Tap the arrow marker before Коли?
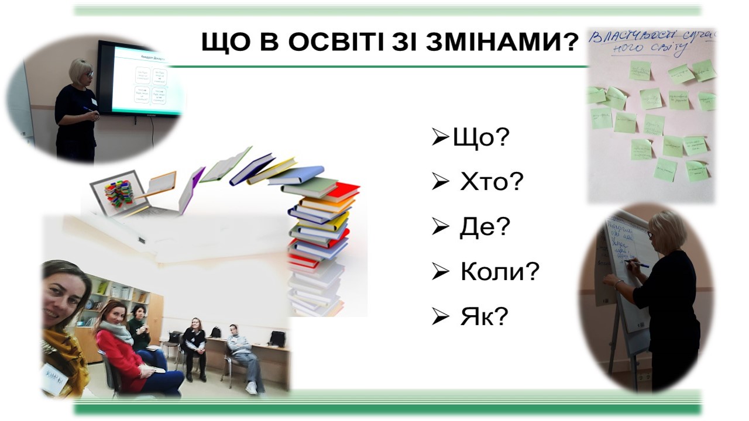440,272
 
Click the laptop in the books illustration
120,193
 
